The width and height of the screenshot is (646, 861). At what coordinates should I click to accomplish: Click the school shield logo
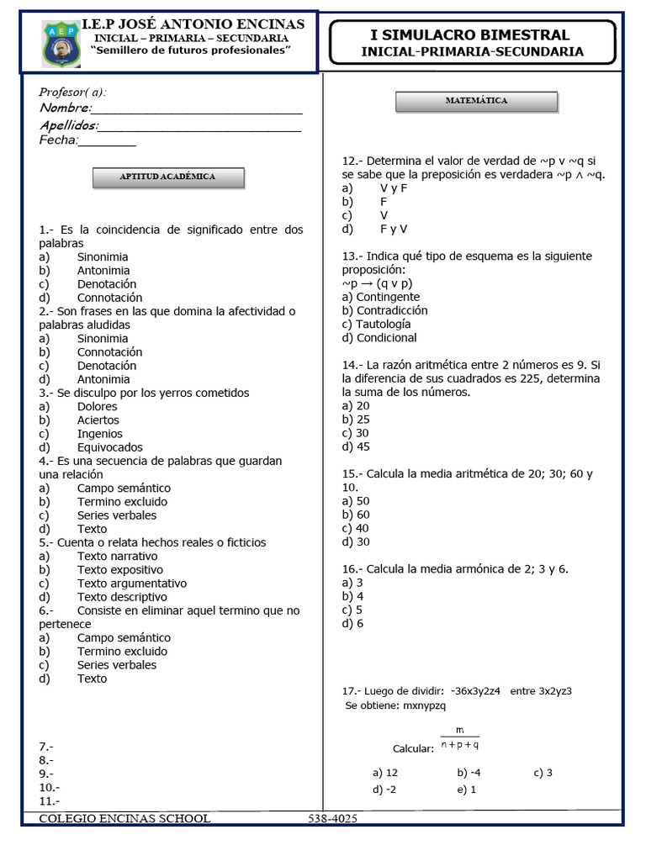pyautogui.click(x=61, y=43)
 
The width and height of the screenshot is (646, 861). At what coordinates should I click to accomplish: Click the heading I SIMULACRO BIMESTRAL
pyautogui.click(x=470, y=34)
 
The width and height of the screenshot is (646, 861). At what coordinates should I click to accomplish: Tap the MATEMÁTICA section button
pyautogui.click(x=476, y=101)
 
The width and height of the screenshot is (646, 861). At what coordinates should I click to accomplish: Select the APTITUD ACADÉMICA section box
pyautogui.click(x=167, y=177)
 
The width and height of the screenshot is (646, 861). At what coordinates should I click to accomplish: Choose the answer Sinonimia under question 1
pyautogui.click(x=103, y=256)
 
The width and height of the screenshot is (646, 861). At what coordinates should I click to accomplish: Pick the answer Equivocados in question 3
pyautogui.click(x=109, y=447)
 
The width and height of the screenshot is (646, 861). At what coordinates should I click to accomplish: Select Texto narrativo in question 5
pyautogui.click(x=117, y=556)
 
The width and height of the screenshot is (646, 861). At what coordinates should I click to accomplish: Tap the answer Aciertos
pyautogui.click(x=98, y=420)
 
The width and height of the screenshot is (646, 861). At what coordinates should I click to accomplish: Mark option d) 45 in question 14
pyautogui.click(x=356, y=446)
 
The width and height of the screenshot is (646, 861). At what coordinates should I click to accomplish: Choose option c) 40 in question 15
pyautogui.click(x=356, y=528)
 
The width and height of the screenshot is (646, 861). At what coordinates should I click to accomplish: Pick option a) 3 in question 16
pyautogui.click(x=352, y=583)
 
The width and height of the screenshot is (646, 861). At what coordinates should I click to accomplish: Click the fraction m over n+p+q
pyautogui.click(x=459, y=737)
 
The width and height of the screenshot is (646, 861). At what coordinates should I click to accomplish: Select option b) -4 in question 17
pyautogui.click(x=469, y=772)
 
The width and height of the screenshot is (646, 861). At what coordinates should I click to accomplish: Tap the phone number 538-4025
pyautogui.click(x=332, y=818)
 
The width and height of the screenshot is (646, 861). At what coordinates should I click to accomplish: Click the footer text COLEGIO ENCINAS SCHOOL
pyautogui.click(x=124, y=818)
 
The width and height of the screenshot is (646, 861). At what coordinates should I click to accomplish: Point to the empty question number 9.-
pyautogui.click(x=46, y=774)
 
